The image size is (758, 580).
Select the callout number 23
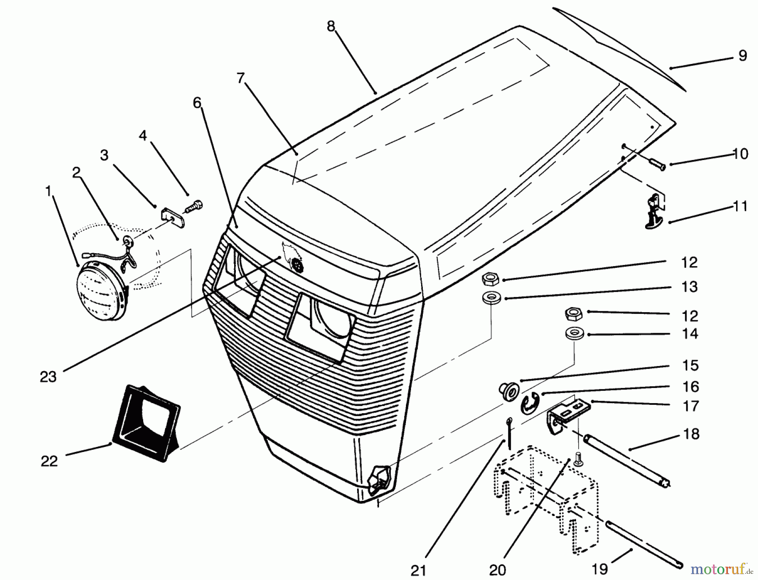48,377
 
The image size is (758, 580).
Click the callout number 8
331,26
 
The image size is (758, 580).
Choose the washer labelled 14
573,333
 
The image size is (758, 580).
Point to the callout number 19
600,569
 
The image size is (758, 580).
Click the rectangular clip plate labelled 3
171,217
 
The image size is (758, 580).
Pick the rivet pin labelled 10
655,163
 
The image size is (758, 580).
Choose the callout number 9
742,56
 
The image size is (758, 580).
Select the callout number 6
197,102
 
